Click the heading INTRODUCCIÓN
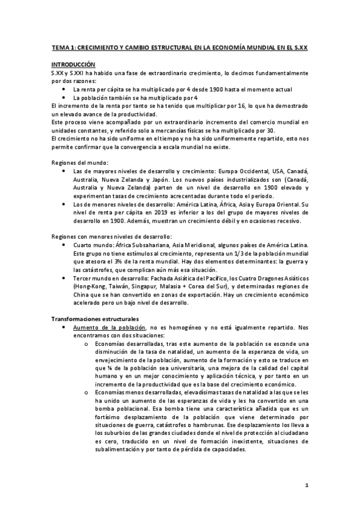(73, 64)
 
